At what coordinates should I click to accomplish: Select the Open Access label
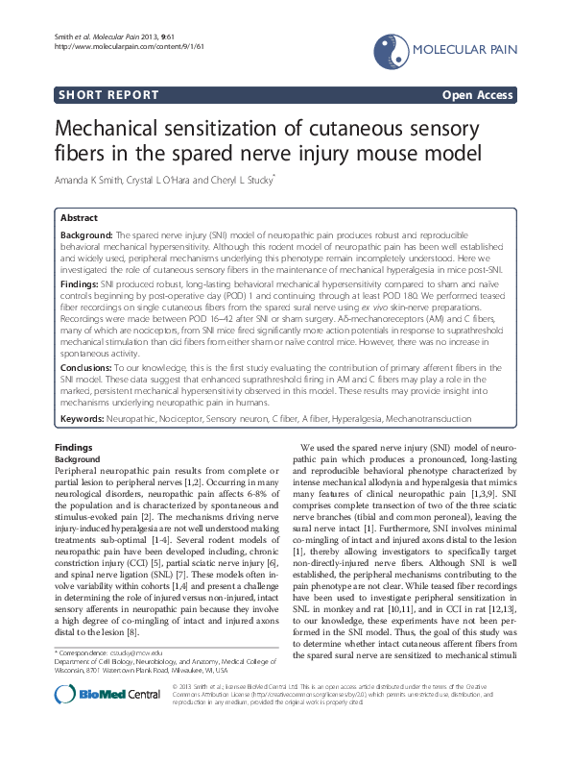[477, 95]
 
